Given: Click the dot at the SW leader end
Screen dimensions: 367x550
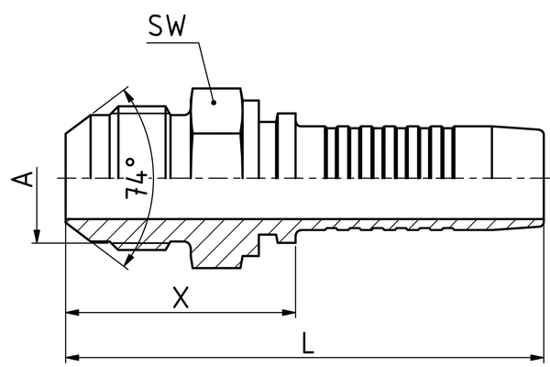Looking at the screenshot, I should point(212,104).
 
